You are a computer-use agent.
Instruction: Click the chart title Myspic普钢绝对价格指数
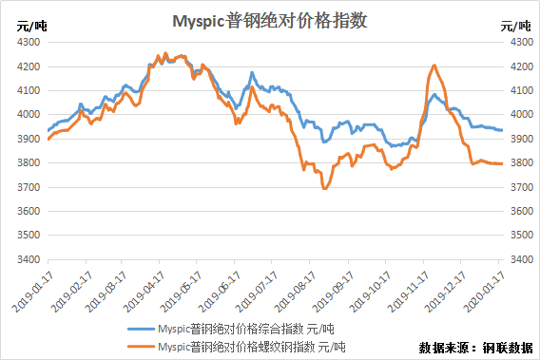click(x=270, y=21)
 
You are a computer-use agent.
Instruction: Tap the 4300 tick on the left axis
click(x=29, y=42)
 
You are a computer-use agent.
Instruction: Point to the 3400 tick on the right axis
click(x=522, y=259)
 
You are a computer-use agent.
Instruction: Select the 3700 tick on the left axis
click(x=29, y=187)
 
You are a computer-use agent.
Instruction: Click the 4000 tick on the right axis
click(x=522, y=114)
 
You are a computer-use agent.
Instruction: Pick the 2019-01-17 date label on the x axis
click(x=33, y=292)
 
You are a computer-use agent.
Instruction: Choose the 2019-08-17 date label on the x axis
click(x=296, y=292)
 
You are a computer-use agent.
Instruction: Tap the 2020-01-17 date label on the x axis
click(x=485, y=292)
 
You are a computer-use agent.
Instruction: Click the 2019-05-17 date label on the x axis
click(x=183, y=292)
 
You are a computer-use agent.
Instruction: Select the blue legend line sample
click(x=141, y=329)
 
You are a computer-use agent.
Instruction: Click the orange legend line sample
click(x=141, y=347)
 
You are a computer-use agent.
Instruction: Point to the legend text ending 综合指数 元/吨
click(x=246, y=329)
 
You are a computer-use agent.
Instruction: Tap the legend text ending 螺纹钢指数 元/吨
click(x=252, y=347)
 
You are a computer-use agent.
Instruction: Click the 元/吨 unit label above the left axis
click(x=31, y=27)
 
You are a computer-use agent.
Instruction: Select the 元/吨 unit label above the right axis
click(x=515, y=27)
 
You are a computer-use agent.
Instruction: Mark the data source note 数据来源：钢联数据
click(x=475, y=348)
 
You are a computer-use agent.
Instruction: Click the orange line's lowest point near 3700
click(x=324, y=189)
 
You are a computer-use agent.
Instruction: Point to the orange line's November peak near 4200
click(x=434, y=66)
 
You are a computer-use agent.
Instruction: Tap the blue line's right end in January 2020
click(x=502, y=130)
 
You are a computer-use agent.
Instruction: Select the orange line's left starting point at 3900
click(x=48, y=139)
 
